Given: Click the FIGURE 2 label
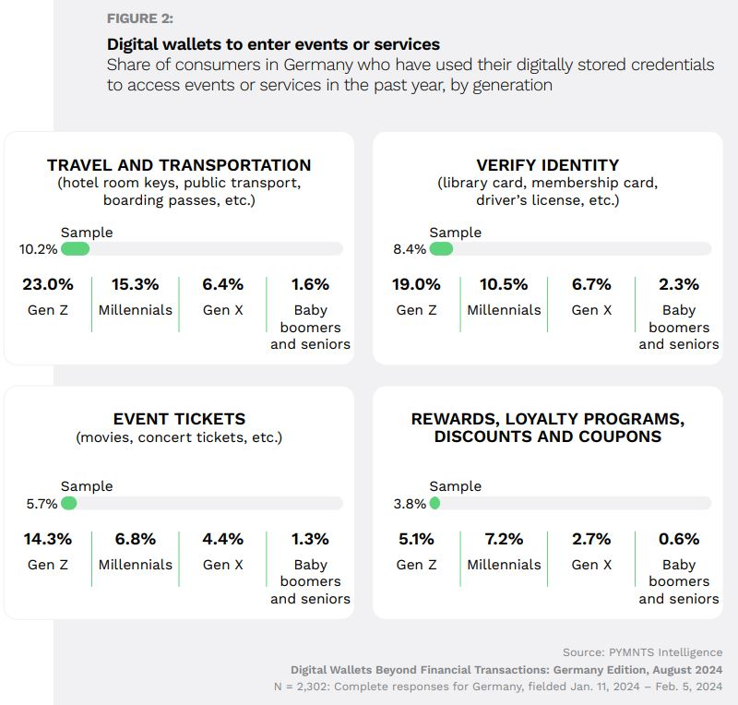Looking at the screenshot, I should [x=140, y=18].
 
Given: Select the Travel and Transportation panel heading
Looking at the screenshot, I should [x=179, y=165].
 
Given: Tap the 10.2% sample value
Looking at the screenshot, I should [x=38, y=249].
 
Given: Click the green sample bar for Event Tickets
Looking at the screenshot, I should [x=68, y=504].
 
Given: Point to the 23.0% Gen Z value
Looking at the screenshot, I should [x=47, y=284].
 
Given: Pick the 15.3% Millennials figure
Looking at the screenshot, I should [x=136, y=284].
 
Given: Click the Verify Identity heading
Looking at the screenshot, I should [x=547, y=165].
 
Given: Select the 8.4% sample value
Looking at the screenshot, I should [x=410, y=249].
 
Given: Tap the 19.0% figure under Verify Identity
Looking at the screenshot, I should [x=416, y=284].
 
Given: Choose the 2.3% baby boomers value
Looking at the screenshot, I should [x=679, y=284].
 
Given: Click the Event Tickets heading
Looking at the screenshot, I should [x=179, y=419].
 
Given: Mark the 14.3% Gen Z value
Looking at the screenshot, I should [x=47, y=539].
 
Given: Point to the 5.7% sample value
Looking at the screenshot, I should [x=42, y=504].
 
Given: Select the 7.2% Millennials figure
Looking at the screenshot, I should [x=504, y=539].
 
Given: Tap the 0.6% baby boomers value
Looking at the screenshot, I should [x=679, y=539].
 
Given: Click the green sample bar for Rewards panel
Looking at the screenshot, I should [x=434, y=504].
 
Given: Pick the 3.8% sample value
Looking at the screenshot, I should [x=410, y=504].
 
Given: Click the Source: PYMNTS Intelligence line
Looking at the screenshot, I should [x=642, y=652].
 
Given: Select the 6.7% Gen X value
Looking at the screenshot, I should [x=591, y=284].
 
